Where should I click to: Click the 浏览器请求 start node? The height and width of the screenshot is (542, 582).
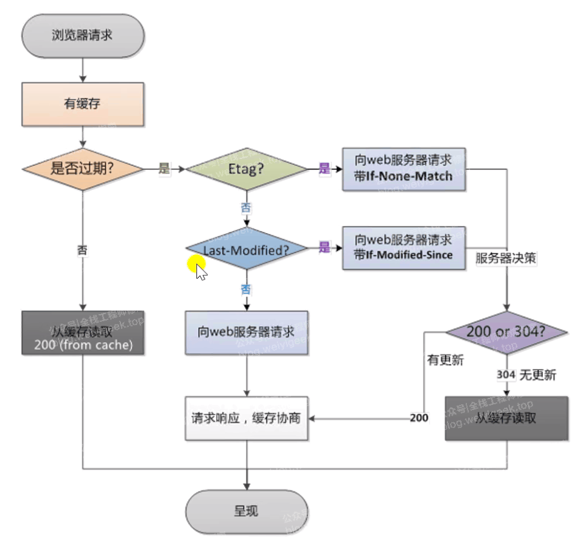[x=82, y=35]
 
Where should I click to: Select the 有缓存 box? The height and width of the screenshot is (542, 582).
[x=82, y=104]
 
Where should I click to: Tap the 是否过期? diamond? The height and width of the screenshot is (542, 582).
[x=82, y=169]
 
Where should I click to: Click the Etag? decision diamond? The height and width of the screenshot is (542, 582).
[x=247, y=169]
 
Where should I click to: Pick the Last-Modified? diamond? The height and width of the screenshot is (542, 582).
[x=246, y=250]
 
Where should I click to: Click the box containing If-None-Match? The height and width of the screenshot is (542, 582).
[x=403, y=169]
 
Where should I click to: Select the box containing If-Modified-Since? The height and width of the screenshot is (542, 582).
[x=403, y=248]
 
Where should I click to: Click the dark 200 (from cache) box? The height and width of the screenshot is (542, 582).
[x=82, y=332]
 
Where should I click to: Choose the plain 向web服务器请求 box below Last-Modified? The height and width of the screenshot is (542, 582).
[x=246, y=332]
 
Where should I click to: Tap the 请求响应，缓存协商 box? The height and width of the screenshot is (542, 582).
[x=246, y=418]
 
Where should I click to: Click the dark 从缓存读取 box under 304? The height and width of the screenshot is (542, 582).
[x=507, y=418]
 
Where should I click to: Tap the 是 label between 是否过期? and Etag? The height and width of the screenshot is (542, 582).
[x=164, y=169]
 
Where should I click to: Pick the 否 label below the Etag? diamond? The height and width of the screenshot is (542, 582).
[x=246, y=207]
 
